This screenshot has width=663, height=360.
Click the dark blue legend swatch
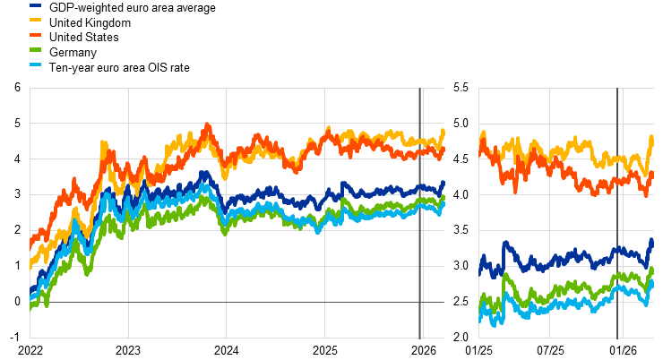(35, 5)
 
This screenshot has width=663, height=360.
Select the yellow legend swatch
(35, 20)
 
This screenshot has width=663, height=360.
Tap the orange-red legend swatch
(35, 34)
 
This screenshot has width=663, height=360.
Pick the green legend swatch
(35, 49)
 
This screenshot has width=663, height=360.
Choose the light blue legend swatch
(35, 64)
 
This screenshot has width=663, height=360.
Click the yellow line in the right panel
(582, 143)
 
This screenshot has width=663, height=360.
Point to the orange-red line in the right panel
(582, 183)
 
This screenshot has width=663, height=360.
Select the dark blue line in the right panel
(582, 256)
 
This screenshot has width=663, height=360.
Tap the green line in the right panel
(582, 287)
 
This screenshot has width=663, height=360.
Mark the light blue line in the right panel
(582, 303)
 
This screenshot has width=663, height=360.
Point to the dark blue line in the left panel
(358, 191)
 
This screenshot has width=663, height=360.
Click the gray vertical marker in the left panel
(420, 269)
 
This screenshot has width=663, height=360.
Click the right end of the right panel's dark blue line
(652, 239)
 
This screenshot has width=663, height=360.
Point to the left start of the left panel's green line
(30, 306)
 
